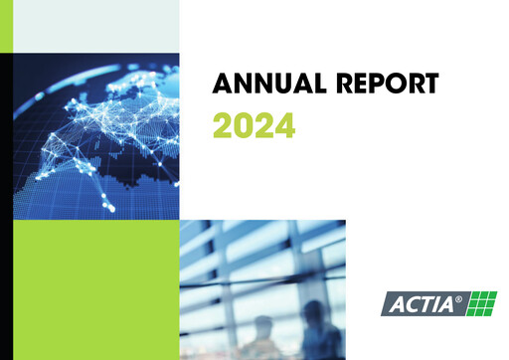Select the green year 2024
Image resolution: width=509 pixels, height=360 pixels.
(254, 126)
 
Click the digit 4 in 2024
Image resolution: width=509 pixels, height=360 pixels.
(284, 126)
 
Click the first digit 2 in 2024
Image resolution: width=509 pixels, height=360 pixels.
(223, 126)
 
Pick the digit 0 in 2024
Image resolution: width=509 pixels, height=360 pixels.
(244, 126)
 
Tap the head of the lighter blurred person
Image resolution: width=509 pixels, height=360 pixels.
(262, 324)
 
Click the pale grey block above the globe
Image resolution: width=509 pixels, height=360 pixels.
(95, 26)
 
